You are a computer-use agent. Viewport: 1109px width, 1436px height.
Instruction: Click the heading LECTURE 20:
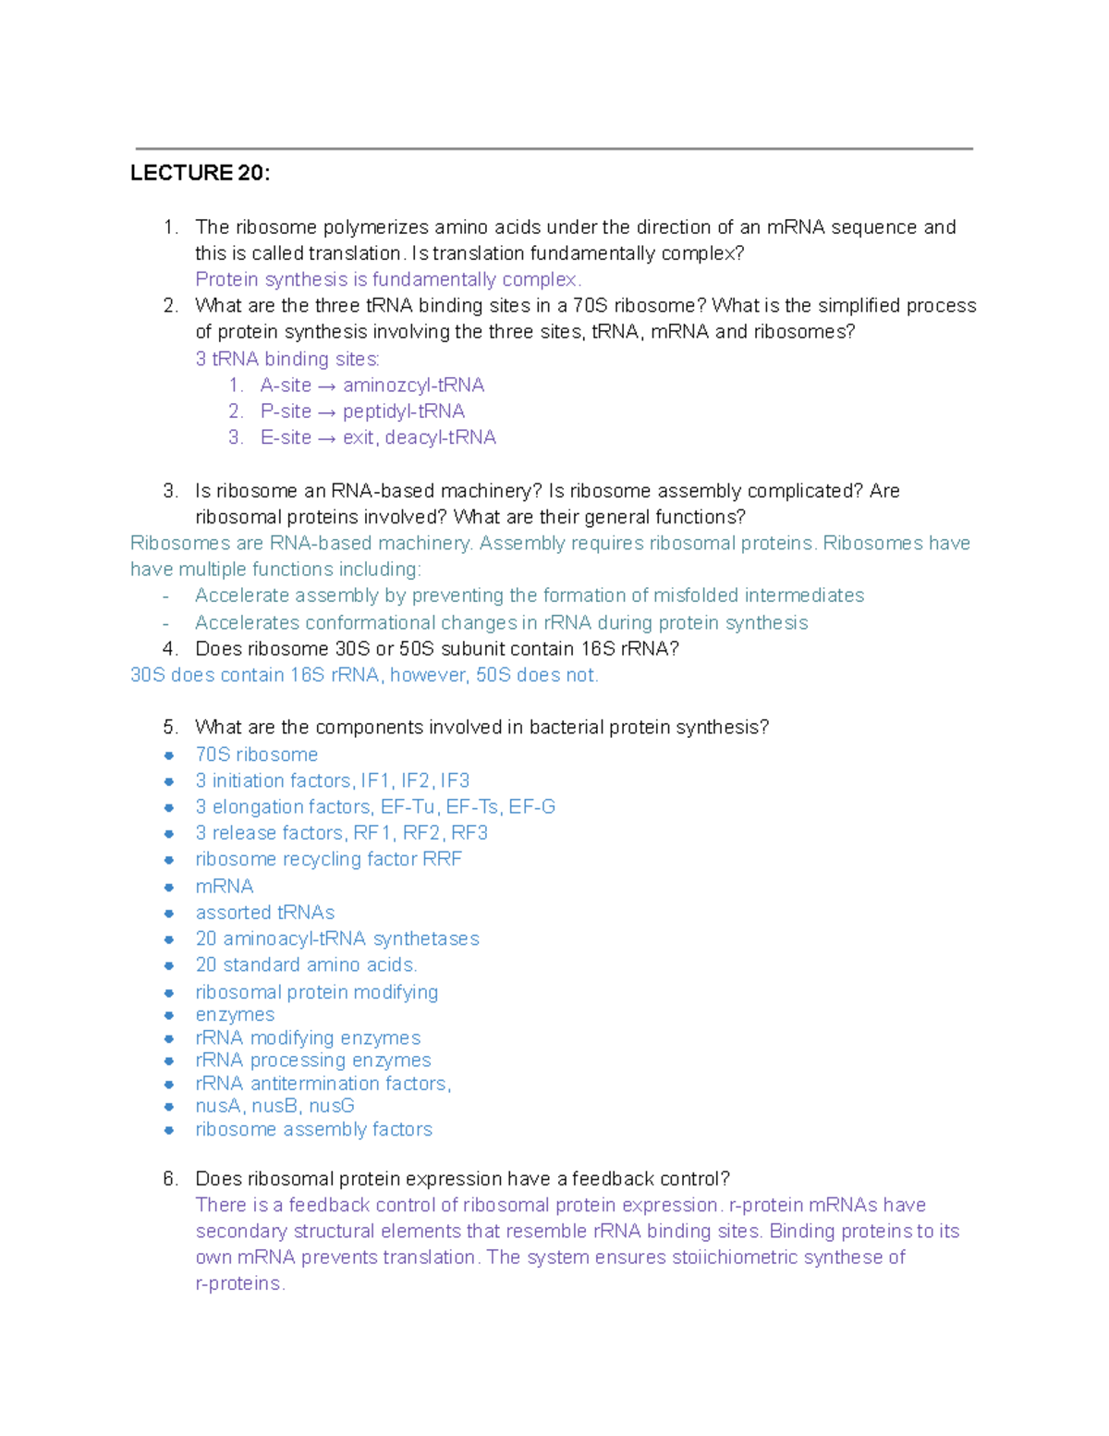[200, 173]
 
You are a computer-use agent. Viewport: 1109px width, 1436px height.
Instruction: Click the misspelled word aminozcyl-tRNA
[413, 385]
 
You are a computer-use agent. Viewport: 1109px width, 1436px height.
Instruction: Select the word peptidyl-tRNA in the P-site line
[403, 411]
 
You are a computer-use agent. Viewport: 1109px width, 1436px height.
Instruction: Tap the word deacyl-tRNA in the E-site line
[440, 437]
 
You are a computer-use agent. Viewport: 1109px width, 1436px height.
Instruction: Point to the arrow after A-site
[327, 386]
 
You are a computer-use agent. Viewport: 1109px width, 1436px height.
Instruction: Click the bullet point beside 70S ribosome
[169, 755]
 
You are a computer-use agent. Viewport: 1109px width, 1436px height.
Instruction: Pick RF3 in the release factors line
[469, 832]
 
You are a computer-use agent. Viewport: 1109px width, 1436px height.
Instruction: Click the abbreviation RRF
[442, 859]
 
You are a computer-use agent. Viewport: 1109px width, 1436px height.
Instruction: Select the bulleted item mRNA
[224, 886]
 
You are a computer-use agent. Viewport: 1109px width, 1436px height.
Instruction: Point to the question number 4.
[169, 649]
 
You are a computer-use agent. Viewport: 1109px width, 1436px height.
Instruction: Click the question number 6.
[169, 1179]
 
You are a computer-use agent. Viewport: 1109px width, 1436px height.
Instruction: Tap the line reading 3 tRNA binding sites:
[287, 359]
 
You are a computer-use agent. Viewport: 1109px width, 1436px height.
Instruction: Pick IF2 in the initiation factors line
[415, 780]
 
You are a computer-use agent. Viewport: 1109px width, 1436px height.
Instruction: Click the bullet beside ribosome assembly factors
[169, 1130]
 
